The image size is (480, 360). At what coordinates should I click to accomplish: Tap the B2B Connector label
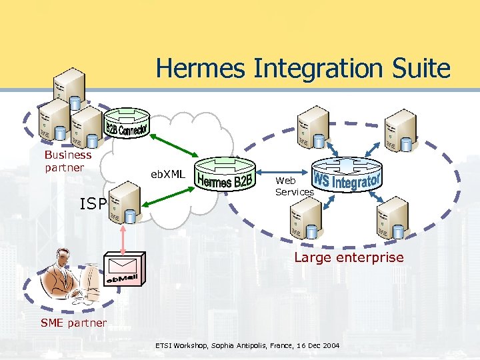(127, 125)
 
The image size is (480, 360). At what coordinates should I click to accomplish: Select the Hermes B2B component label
(225, 180)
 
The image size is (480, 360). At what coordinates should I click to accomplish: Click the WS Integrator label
(347, 179)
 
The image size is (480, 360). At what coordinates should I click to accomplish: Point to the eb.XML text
(167, 174)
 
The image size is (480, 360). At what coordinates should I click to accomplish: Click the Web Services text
(293, 186)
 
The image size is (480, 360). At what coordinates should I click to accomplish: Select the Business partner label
(67, 161)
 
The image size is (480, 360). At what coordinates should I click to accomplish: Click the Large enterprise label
(349, 257)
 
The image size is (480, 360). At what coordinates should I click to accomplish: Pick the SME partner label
(74, 323)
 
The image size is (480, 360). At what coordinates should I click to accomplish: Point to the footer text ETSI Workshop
(247, 346)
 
